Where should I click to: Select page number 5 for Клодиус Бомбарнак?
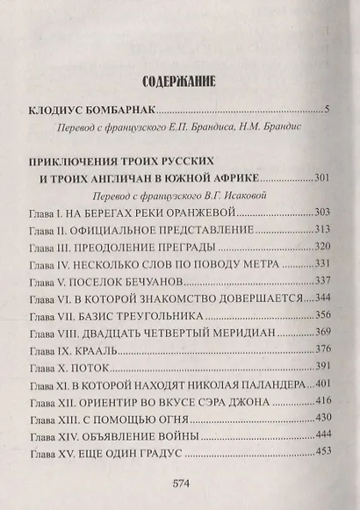(x=326, y=111)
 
